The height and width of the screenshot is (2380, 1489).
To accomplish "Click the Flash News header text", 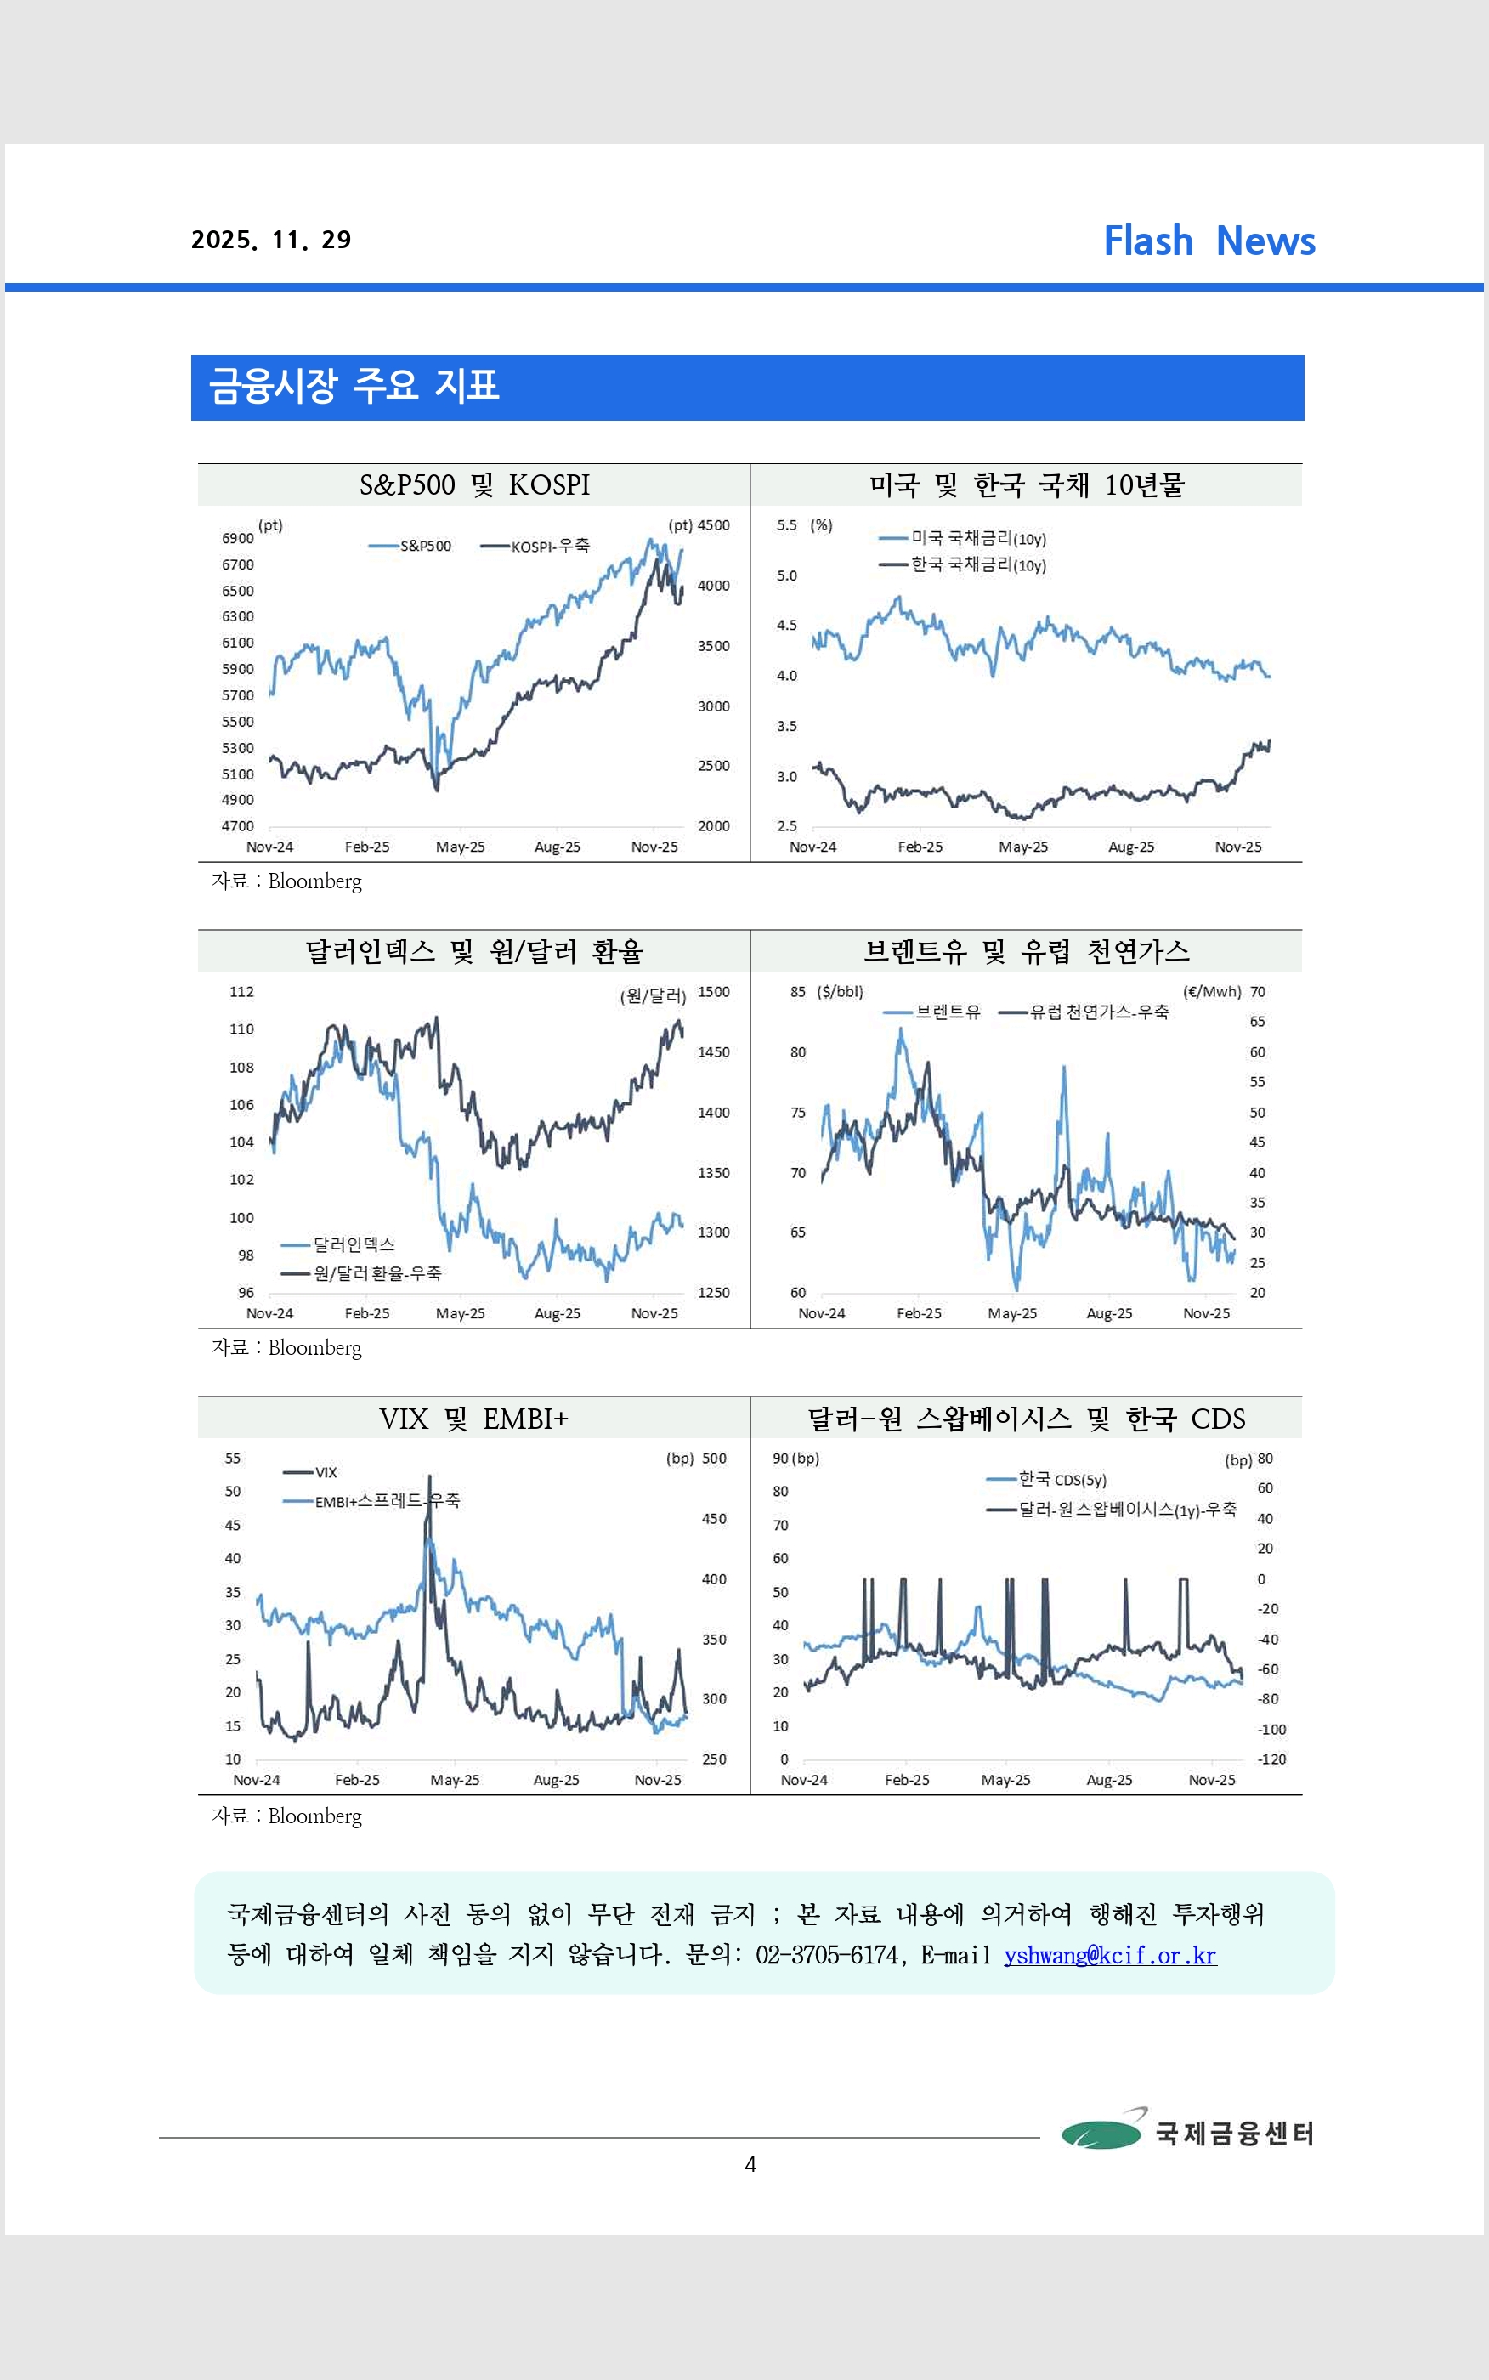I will point(1209,241).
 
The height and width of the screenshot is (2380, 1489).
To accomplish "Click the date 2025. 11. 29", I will point(271,241).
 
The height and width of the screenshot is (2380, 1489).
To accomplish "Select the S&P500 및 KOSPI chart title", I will point(473,485).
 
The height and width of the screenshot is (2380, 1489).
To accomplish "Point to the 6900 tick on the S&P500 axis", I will point(237,539).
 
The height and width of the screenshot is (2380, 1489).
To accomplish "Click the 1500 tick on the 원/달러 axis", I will point(714,992).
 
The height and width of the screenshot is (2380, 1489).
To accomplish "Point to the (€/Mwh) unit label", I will point(1211,992).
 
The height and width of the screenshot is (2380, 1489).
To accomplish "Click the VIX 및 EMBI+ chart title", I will point(473,1419).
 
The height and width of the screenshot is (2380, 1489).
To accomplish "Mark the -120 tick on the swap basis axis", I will point(1271,1759).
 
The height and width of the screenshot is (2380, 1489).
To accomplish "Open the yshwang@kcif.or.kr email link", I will point(1110,1956).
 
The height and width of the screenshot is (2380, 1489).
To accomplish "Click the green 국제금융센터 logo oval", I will point(1101,2133).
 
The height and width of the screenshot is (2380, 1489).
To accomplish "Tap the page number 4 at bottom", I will point(750,2164).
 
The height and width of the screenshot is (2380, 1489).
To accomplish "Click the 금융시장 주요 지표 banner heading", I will point(354,386).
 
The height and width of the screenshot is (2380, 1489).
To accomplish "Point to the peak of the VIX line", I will point(428,1477).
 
